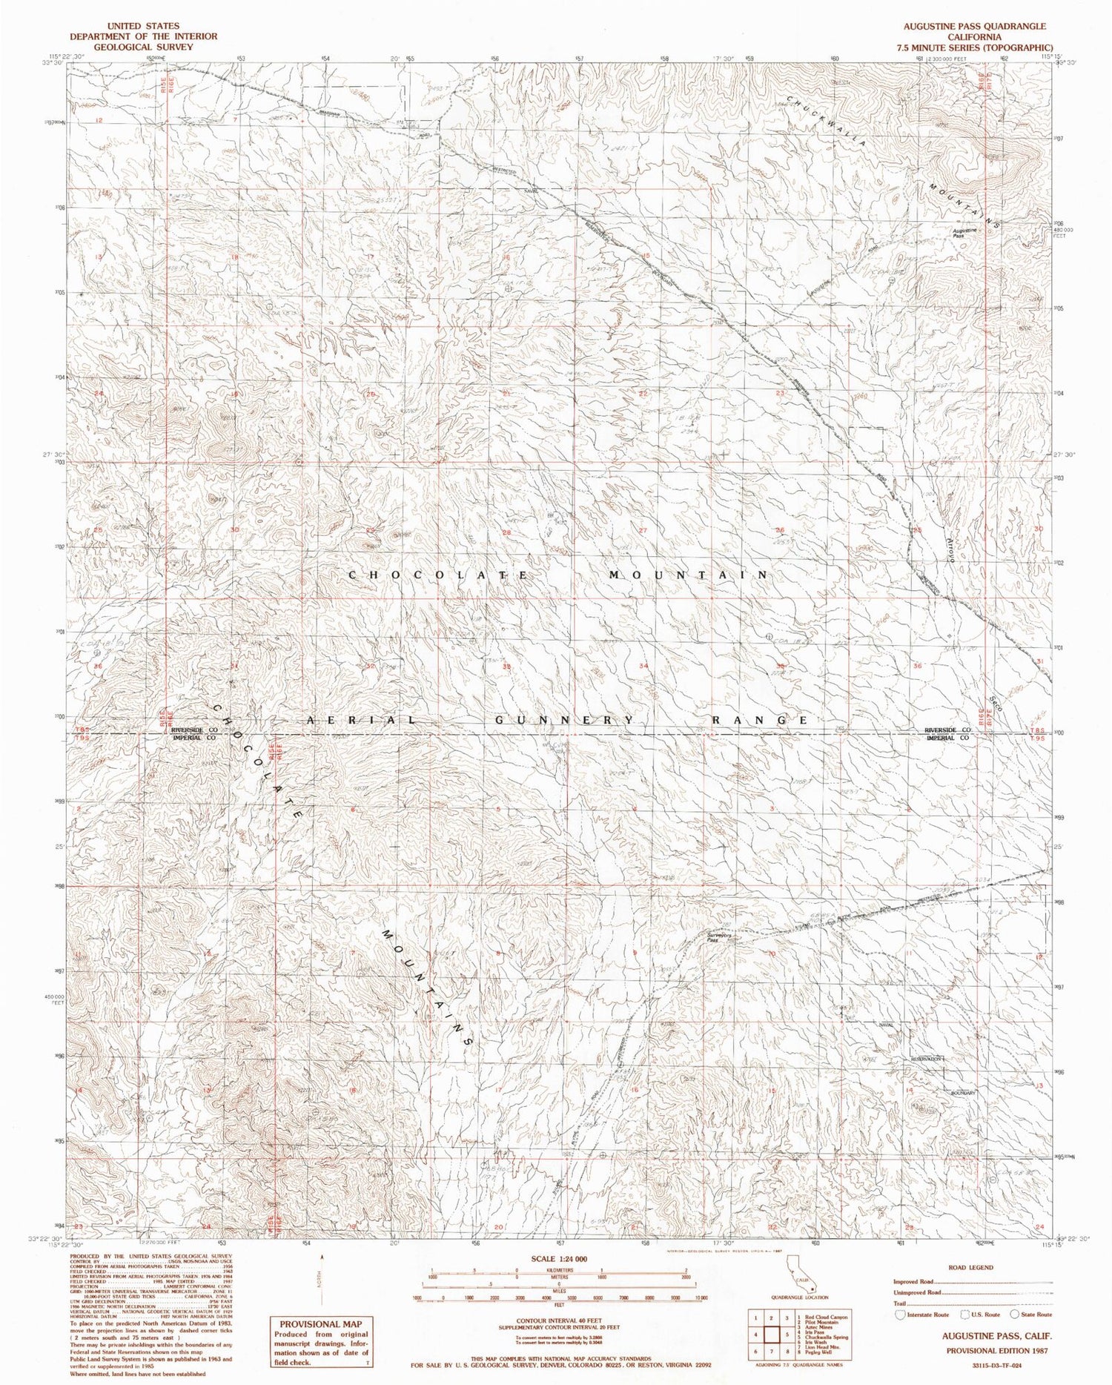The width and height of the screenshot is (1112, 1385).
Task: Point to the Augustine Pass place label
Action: pyautogui.click(x=965, y=232)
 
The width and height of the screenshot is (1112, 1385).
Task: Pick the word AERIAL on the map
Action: pyautogui.click(x=362, y=721)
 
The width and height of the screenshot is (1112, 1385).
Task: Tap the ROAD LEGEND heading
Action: pyautogui.click(x=970, y=1268)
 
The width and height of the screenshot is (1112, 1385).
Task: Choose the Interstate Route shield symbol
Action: pyautogui.click(x=901, y=1314)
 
